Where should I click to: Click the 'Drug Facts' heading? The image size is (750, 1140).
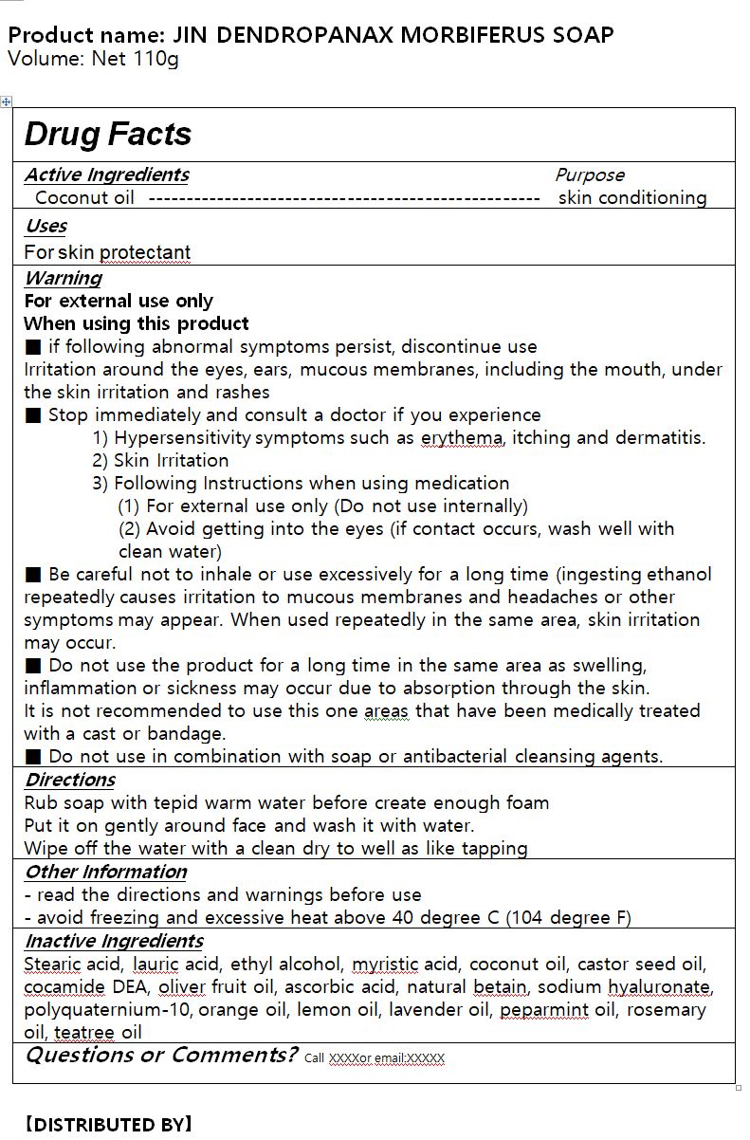[108, 135]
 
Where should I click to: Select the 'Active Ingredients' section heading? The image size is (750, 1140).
[106, 175]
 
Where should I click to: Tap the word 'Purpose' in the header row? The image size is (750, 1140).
[590, 175]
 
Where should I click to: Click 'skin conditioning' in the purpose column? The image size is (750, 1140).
[632, 198]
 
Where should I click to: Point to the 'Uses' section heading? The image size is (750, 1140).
[46, 226]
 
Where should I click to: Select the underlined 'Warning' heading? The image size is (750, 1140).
[63, 278]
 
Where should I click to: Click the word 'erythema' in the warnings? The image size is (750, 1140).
[462, 438]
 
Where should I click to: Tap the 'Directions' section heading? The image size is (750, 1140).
[69, 780]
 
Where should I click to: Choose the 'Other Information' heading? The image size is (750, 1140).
[105, 872]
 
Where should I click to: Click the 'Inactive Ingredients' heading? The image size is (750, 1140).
[114, 941]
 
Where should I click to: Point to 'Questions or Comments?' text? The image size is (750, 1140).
[161, 1056]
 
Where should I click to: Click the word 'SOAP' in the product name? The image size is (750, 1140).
[579, 36]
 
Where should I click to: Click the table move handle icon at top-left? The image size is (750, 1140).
[7, 101]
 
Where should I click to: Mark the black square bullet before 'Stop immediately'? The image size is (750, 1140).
[33, 415]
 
